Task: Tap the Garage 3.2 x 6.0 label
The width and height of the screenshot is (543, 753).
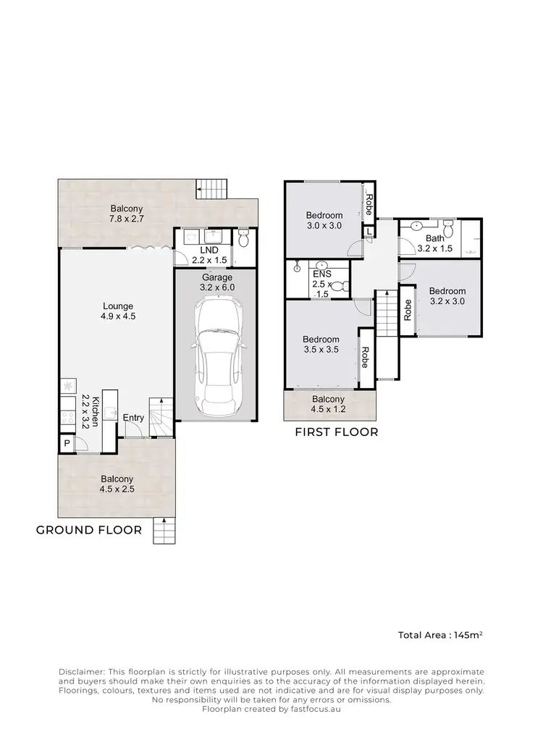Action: point(217,282)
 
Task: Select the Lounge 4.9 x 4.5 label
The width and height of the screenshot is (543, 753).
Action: point(118,311)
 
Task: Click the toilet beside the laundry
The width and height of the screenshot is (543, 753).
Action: point(244,239)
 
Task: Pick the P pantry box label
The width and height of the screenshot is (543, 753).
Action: point(67,444)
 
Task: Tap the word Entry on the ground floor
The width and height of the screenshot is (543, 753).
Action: point(133,418)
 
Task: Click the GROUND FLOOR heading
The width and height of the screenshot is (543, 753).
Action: point(89,530)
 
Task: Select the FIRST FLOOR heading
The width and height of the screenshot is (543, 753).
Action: point(336,432)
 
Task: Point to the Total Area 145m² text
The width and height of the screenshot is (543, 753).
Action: point(440,635)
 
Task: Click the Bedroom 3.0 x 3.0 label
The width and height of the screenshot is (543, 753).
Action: point(324,220)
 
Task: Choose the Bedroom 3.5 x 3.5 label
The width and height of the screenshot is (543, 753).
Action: point(321,345)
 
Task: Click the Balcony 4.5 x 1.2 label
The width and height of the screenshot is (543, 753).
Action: point(328,404)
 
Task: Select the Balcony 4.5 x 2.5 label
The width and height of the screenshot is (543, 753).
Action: point(117,484)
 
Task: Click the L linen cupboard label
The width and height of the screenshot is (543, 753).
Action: point(369,232)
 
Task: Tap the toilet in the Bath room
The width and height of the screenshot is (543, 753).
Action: point(450,230)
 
